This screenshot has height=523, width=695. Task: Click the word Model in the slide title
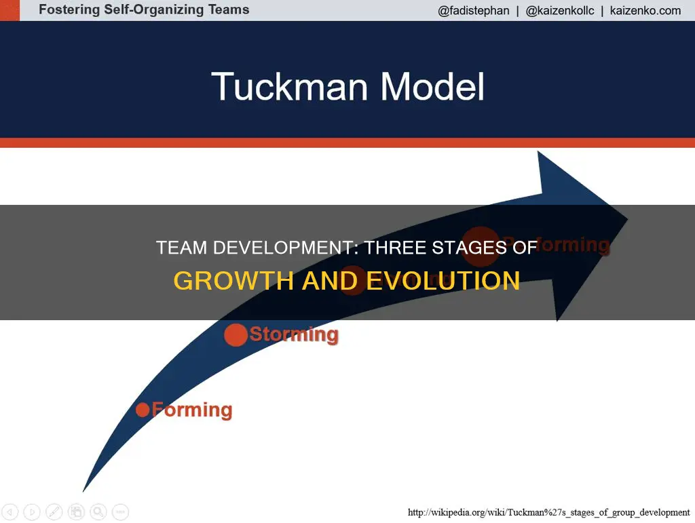point(432,87)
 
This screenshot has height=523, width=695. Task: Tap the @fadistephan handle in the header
point(474,10)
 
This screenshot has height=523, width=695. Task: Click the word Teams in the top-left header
point(226,10)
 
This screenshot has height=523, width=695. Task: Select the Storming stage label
point(293,334)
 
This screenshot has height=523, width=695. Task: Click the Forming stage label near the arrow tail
point(192,410)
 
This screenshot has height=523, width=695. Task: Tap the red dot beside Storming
point(236,335)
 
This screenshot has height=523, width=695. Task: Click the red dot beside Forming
point(143,410)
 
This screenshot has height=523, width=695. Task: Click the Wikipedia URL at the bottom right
point(548,512)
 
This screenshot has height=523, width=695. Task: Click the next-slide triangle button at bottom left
point(33,511)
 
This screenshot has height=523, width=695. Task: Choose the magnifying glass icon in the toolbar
point(98,511)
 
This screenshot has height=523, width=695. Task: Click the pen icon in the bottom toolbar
point(54,511)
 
